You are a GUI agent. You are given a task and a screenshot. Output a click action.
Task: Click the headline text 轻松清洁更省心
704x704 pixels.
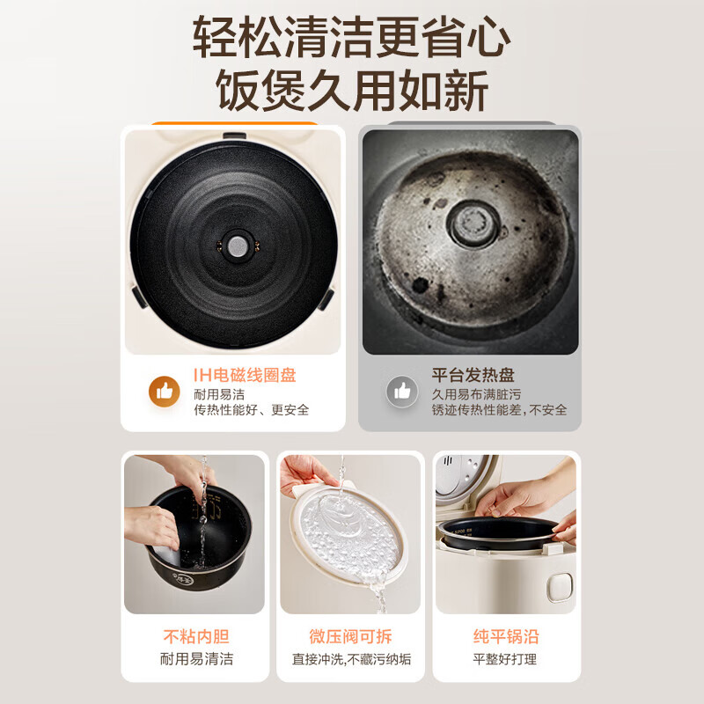pos(352,37)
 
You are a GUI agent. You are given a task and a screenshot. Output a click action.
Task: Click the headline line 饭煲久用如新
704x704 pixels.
pos(352,91)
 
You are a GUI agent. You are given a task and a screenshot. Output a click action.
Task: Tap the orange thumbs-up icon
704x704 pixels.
pos(164,391)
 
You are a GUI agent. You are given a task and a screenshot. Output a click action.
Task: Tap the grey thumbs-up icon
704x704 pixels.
pos(402,391)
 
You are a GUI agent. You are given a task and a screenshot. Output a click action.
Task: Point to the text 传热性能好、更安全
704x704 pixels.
pos(251,410)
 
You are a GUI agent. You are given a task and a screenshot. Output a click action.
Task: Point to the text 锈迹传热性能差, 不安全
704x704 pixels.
pos(499,410)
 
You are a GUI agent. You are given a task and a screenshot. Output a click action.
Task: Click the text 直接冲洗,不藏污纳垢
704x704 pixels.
pos(352,659)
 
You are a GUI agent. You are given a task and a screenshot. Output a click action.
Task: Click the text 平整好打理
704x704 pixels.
pos(506,659)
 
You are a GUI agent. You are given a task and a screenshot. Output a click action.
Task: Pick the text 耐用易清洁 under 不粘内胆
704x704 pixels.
pos(196,659)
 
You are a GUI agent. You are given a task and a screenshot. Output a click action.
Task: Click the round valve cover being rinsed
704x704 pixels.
pos(348,528)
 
